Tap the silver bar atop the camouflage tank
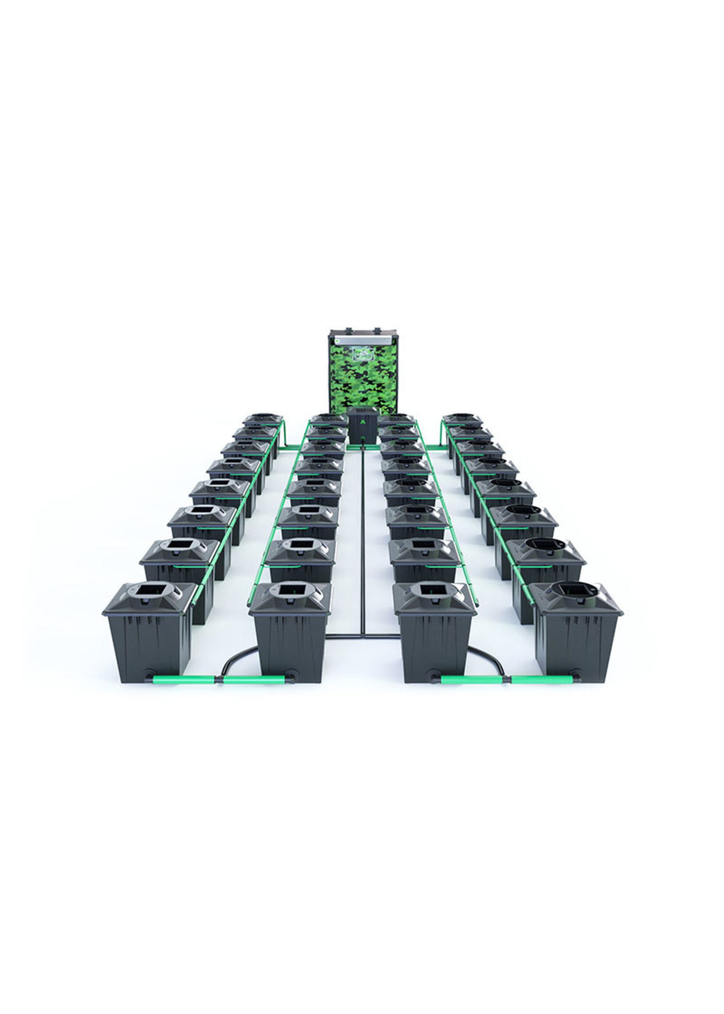click(363, 340)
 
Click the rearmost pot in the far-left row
click(263, 421)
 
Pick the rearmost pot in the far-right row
click(463, 421)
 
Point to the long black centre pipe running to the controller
click(363, 535)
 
